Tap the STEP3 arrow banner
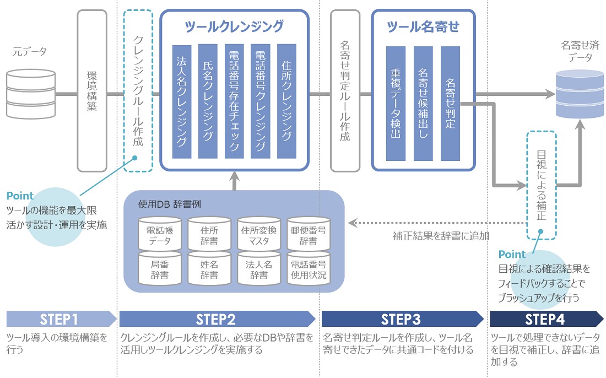401,319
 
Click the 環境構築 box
92,91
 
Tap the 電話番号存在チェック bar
234,101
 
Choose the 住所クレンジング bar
286,101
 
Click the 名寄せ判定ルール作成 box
345,91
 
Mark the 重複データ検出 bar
396,103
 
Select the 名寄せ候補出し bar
423,103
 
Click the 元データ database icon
30,94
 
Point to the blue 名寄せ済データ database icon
580,94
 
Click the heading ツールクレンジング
234,26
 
